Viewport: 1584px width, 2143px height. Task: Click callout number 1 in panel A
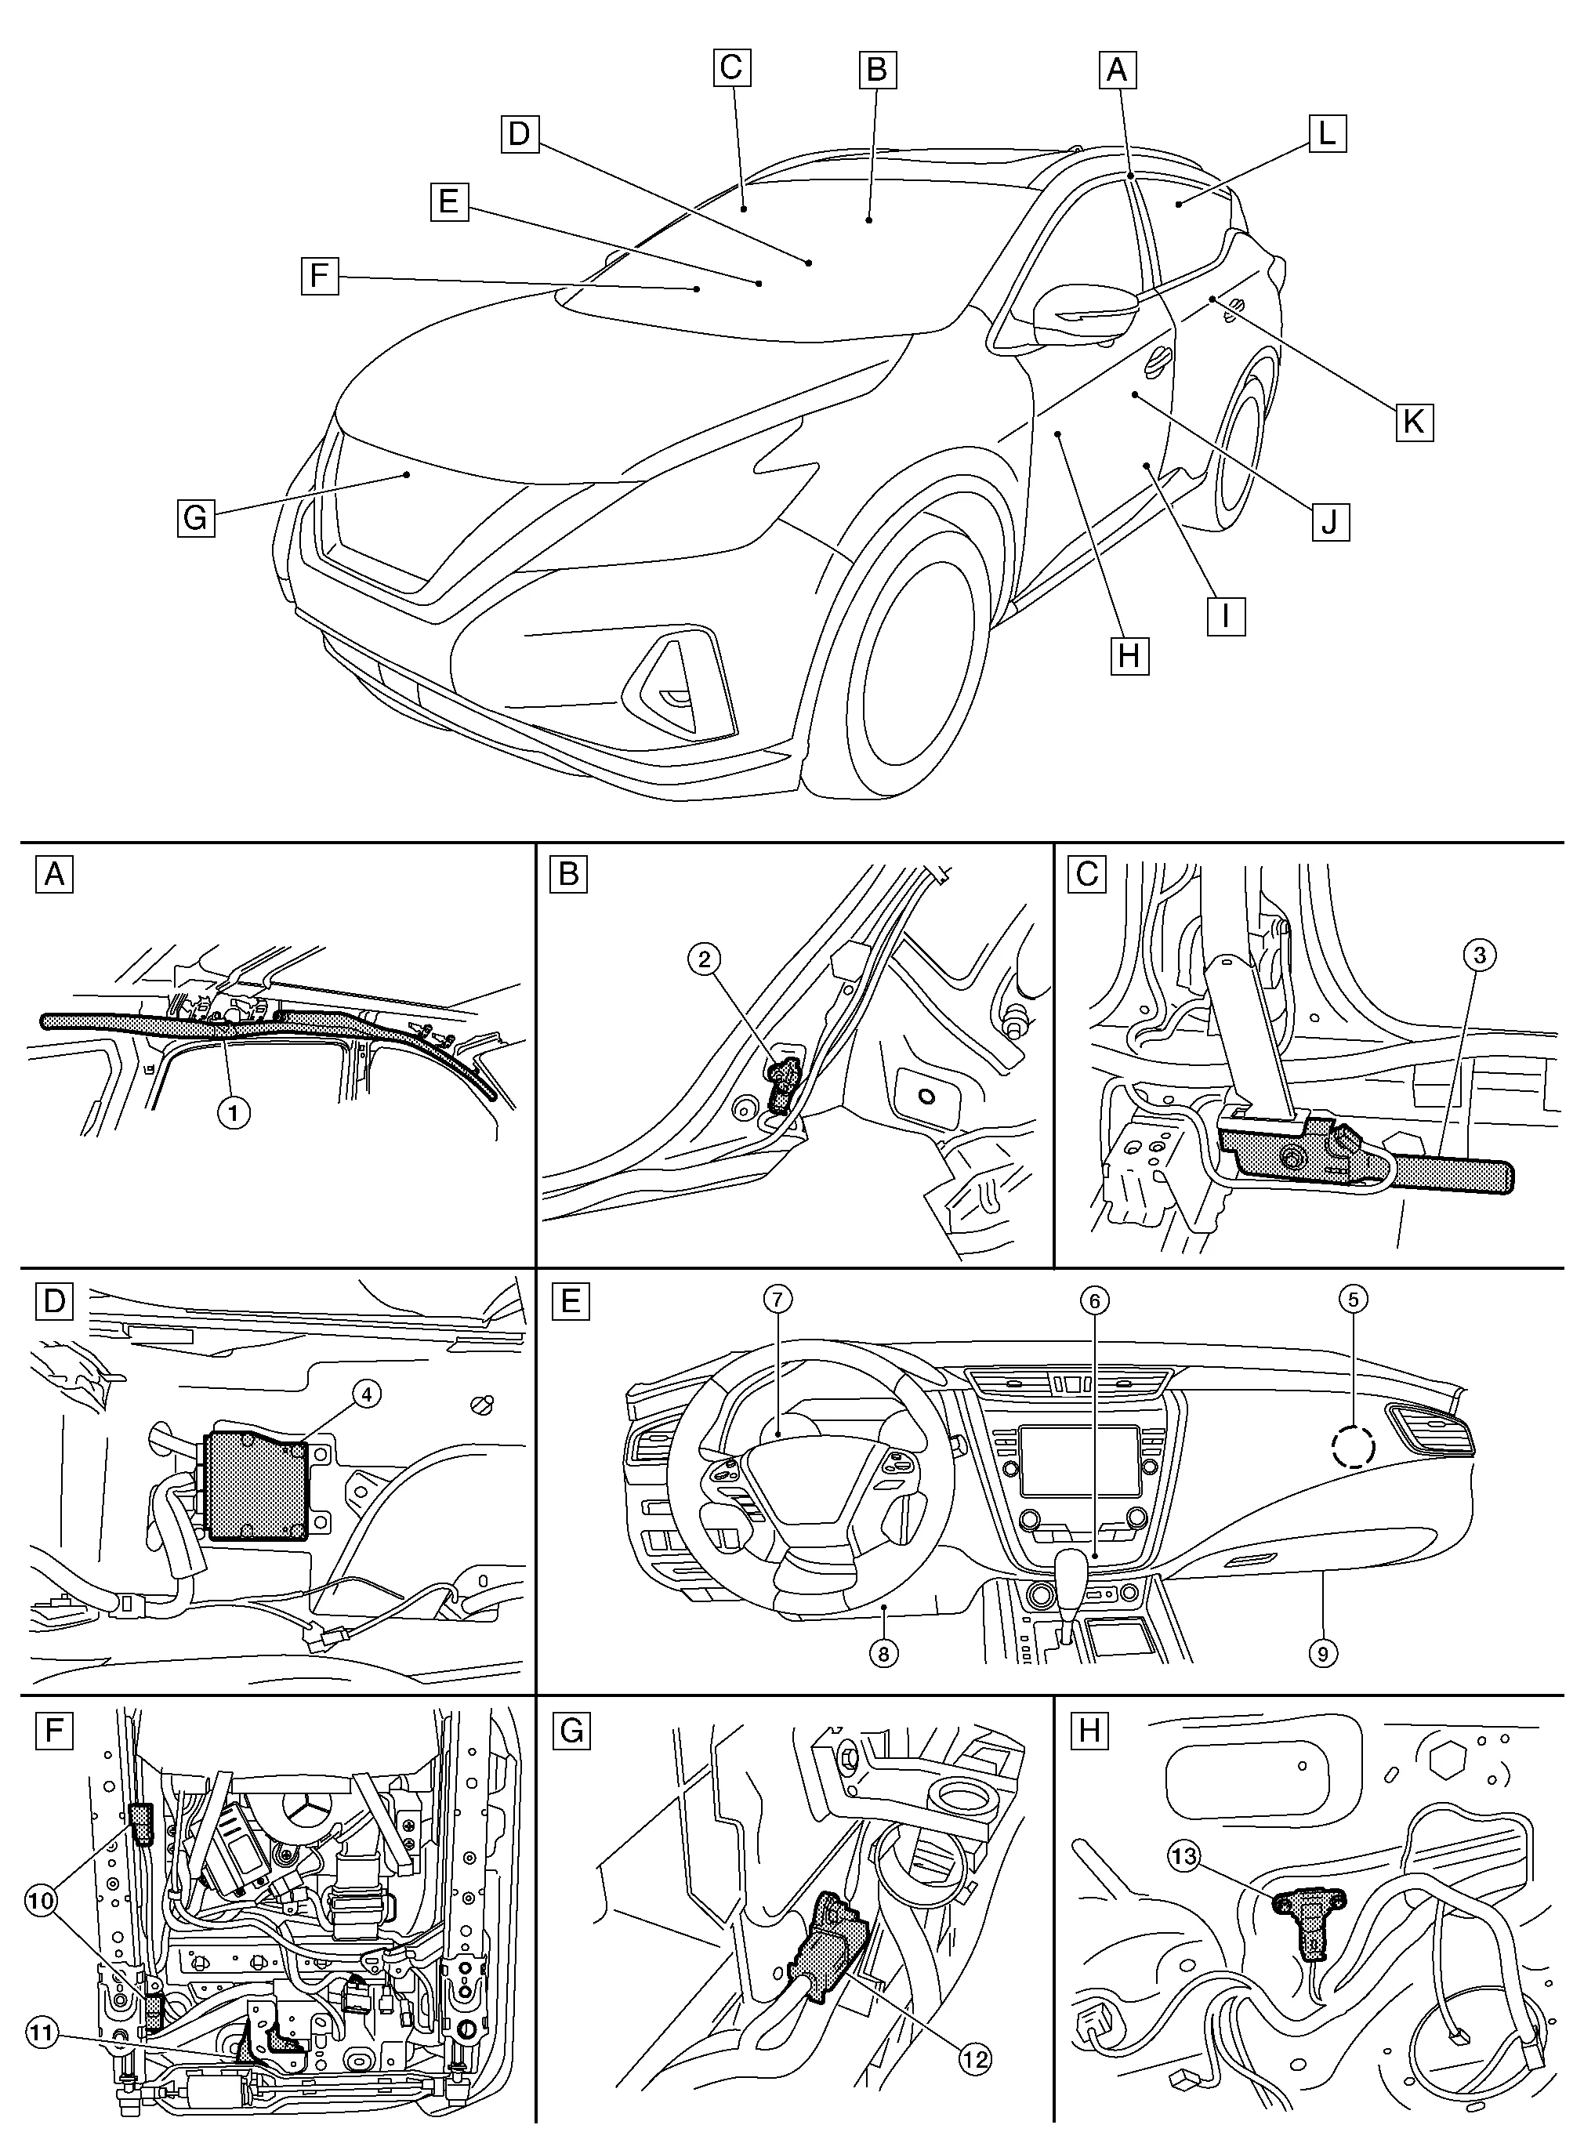234,1112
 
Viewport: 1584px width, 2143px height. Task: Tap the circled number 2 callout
705,958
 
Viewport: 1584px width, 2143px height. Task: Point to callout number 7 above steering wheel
778,1300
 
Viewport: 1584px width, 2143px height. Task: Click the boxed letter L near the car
1326,133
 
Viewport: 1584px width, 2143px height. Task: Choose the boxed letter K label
1413,421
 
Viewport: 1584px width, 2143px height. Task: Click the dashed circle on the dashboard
1352,1444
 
